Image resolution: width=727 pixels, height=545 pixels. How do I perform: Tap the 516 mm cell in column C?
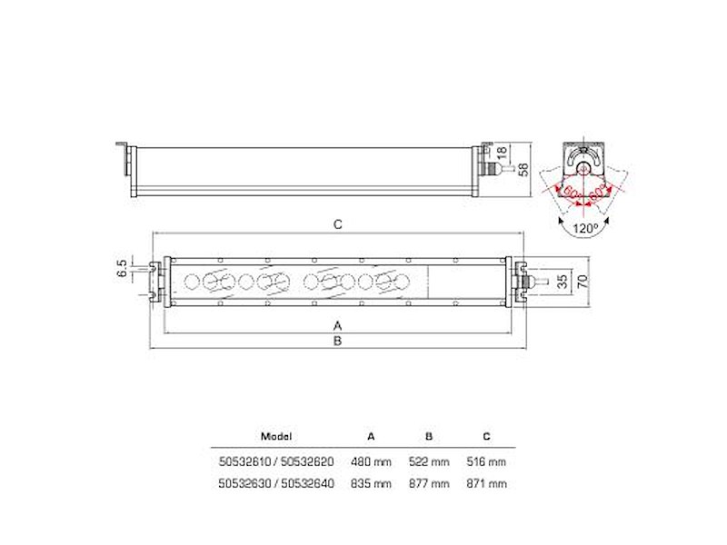pos(485,461)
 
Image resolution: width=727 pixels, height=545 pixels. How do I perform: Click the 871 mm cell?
pos(485,483)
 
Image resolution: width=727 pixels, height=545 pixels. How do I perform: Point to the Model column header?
pos(276,436)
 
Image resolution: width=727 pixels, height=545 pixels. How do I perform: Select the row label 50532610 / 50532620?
pos(276,461)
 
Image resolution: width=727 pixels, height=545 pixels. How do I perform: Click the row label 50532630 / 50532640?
pos(276,483)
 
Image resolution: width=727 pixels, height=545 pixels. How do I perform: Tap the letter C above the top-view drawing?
pos(337,223)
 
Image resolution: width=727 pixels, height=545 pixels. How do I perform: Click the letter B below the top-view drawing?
pos(337,342)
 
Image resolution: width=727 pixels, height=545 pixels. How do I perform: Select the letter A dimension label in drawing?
pos(337,324)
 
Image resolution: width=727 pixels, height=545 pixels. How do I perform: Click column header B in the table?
pos(429,436)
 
